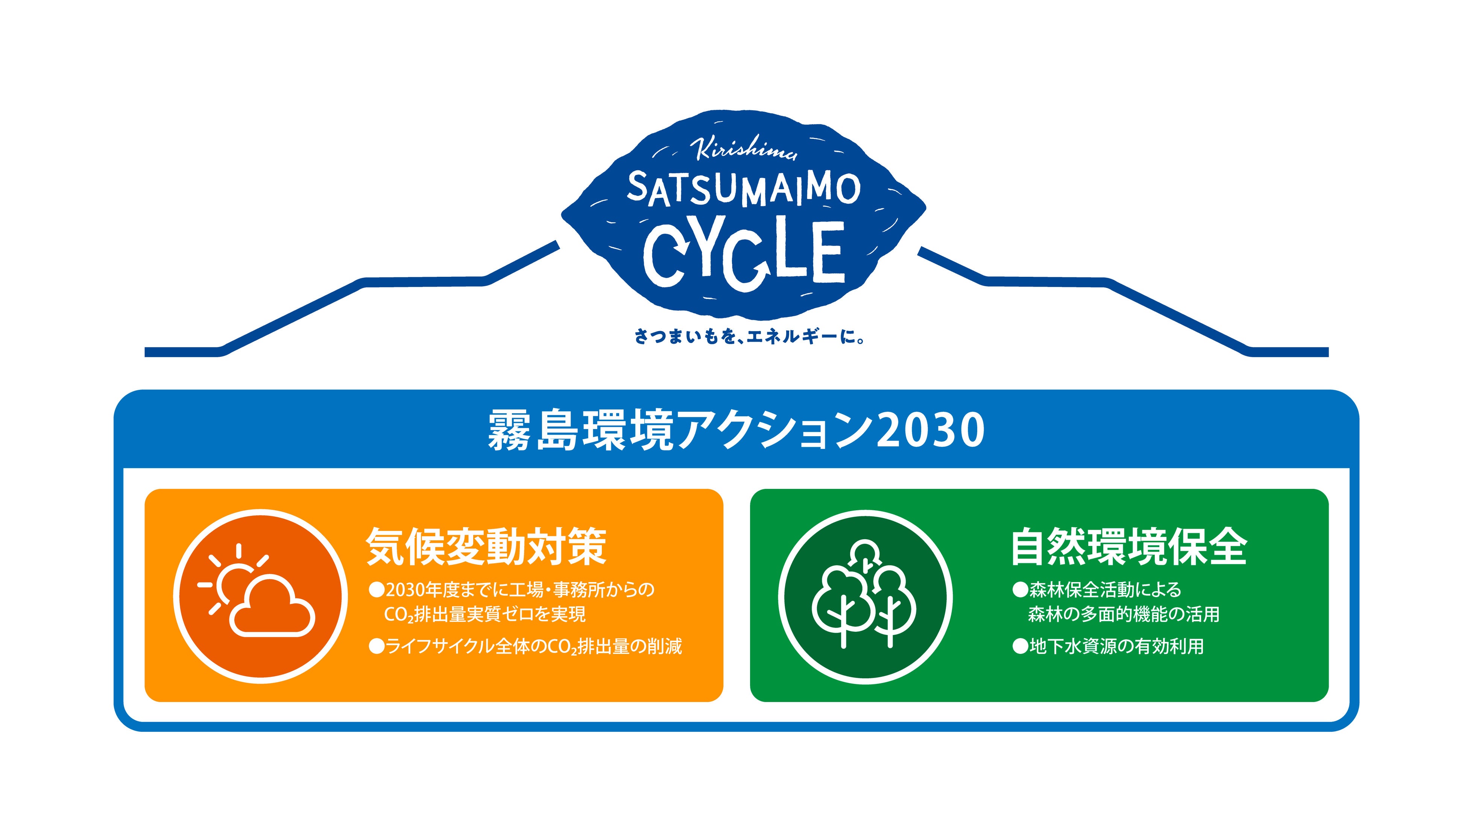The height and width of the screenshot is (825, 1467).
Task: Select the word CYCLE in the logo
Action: (744, 253)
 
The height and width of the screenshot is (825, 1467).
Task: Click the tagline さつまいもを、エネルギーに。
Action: (749, 337)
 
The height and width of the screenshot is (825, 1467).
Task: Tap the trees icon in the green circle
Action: (864, 595)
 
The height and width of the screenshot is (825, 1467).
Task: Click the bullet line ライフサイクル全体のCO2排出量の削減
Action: (533, 646)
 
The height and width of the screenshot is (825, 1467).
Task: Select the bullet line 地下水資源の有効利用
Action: (1116, 646)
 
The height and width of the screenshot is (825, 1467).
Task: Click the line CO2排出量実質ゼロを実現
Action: (484, 614)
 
